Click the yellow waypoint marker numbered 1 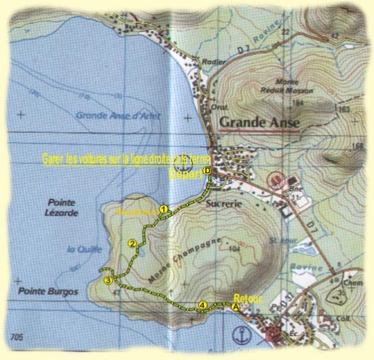[163, 208]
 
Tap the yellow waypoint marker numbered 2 [131, 243]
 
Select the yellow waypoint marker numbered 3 [108, 280]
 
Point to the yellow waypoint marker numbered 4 [202, 305]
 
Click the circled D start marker [207, 174]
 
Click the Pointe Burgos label [48, 291]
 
